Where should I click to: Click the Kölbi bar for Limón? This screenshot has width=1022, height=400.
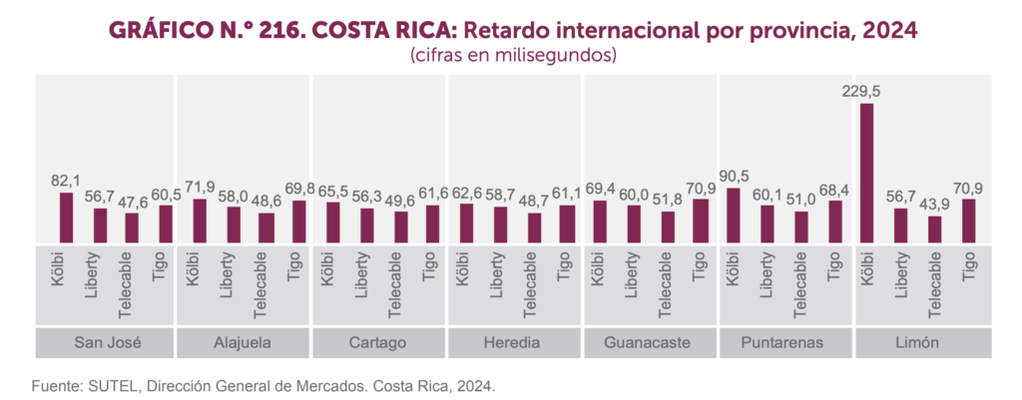point(866,173)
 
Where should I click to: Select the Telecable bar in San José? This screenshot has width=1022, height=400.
point(131,227)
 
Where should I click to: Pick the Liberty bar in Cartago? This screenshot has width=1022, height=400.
point(367,225)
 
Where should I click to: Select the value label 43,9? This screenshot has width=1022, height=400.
point(934,204)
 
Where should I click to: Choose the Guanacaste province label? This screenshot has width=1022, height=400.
point(651,343)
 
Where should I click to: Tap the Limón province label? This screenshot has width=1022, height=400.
point(923,343)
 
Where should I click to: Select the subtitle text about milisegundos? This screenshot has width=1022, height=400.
point(510,56)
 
